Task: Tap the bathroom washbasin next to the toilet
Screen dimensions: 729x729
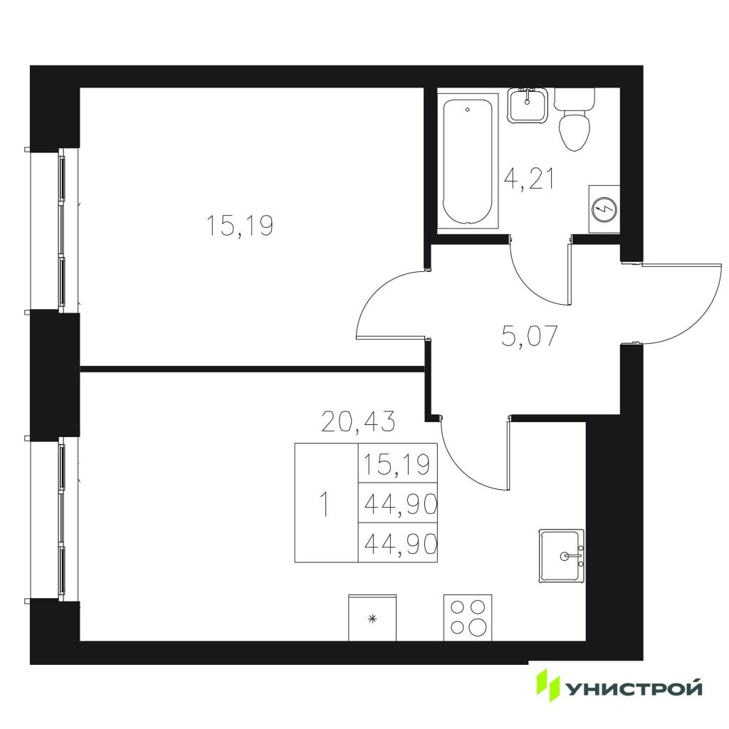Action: [x=528, y=105]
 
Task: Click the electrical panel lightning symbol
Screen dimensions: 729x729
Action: [x=604, y=210]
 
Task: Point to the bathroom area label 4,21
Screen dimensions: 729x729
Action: [x=530, y=179]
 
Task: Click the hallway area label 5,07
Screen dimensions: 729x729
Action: [x=530, y=336]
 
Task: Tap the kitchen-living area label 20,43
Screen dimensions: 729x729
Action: [x=359, y=422]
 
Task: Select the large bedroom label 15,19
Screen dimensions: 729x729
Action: [x=239, y=226]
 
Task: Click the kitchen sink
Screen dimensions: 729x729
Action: [x=562, y=555]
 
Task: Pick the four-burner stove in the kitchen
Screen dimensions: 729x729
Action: [x=468, y=618]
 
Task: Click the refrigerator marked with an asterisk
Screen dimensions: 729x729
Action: [x=372, y=618]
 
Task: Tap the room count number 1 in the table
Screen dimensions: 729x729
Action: [x=326, y=504]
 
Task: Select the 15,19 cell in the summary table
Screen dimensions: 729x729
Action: [x=397, y=464]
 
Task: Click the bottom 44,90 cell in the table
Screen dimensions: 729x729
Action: [x=397, y=543]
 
